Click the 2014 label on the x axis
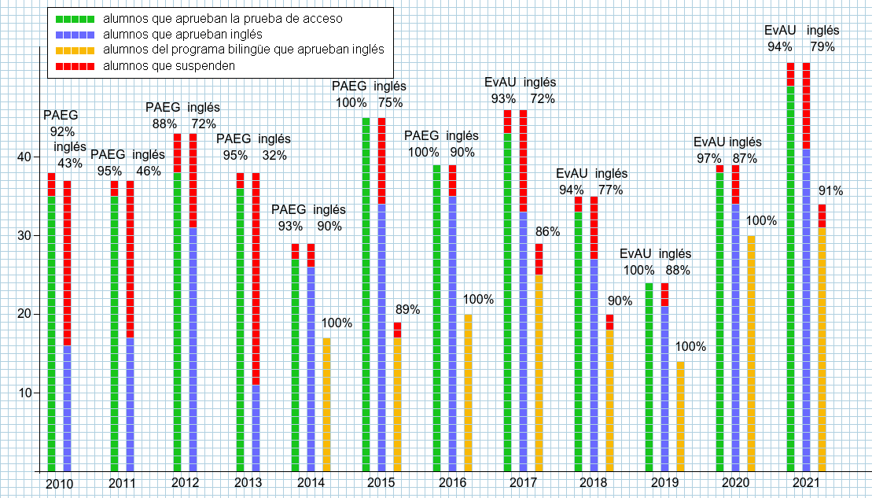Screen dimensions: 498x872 pyautogui.click(x=311, y=482)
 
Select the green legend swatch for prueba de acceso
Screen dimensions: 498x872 pyautogui.click(x=72, y=18)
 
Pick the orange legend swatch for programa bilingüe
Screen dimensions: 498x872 pyautogui.click(x=72, y=50)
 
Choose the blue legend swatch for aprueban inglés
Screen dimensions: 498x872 pyautogui.click(x=72, y=35)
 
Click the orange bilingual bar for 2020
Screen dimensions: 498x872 pyautogui.click(x=752, y=353)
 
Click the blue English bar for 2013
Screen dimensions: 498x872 pyautogui.click(x=256, y=428)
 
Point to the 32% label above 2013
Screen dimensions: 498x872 pyautogui.click(x=274, y=155)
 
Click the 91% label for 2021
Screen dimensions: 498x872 pyautogui.click(x=830, y=190)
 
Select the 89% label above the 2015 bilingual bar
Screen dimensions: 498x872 pyautogui.click(x=407, y=309)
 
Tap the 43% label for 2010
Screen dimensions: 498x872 pyautogui.click(x=70, y=164)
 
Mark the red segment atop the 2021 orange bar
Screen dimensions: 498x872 pyautogui.click(x=822, y=216)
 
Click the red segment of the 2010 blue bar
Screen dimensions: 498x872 pyautogui.click(x=68, y=263)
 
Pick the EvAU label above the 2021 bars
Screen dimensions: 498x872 pyautogui.click(x=780, y=31)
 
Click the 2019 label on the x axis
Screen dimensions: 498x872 pyautogui.click(x=665, y=482)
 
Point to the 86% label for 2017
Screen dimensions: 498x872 pyautogui.click(x=548, y=231)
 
